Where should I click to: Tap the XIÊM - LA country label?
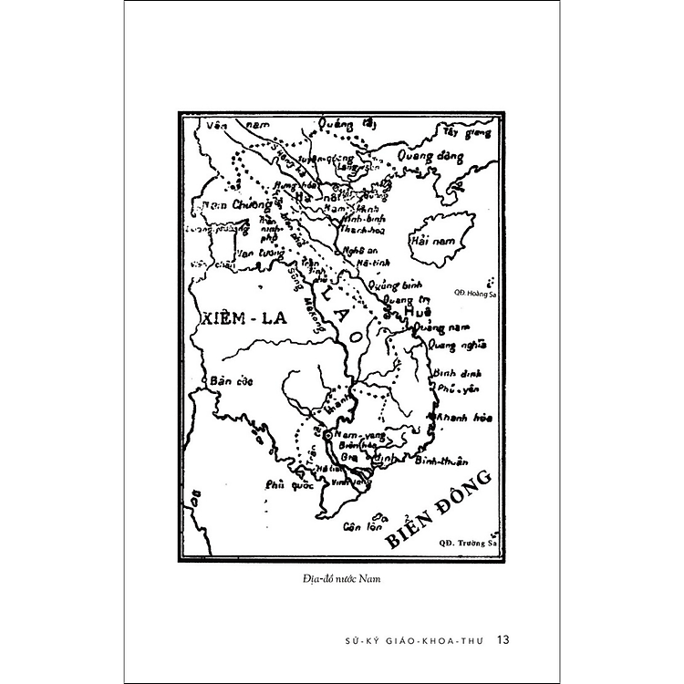coord(240,318)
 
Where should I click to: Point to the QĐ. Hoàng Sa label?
coord(472,293)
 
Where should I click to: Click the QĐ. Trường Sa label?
coord(466,542)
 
